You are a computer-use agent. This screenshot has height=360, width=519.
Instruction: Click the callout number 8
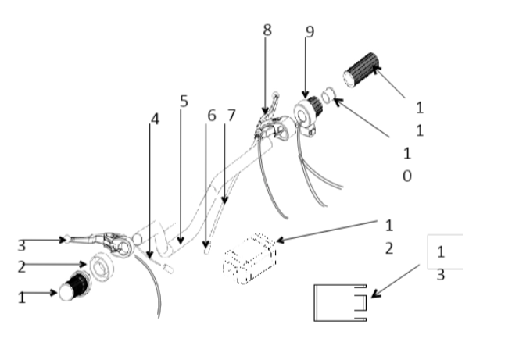(x=267, y=30)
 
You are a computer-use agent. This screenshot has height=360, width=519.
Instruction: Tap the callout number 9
(x=310, y=32)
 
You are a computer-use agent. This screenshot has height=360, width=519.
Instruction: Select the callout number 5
(x=184, y=101)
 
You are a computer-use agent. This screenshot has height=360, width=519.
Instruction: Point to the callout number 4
(x=155, y=119)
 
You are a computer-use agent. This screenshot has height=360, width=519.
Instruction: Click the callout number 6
(x=211, y=115)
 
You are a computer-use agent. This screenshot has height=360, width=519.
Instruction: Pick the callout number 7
(x=231, y=115)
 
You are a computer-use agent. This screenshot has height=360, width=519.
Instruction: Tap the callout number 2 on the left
(x=21, y=266)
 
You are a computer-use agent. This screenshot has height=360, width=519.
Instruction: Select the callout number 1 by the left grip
(x=21, y=297)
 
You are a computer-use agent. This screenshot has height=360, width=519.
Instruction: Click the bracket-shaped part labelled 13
(x=338, y=303)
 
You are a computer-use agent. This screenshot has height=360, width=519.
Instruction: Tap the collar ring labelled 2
(x=103, y=266)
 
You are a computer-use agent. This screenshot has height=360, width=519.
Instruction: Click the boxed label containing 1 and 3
(x=443, y=253)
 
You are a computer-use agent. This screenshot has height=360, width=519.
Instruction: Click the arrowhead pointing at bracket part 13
(x=374, y=295)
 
